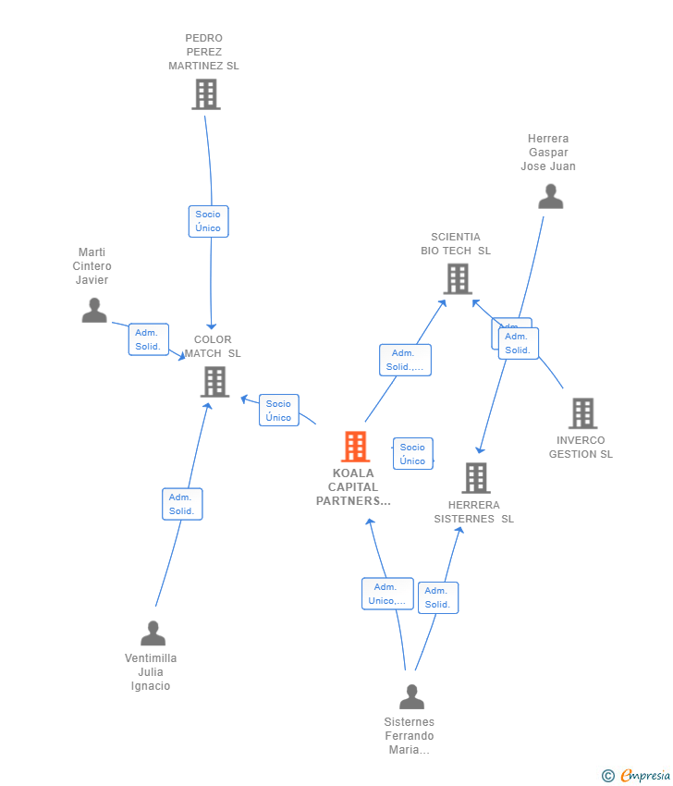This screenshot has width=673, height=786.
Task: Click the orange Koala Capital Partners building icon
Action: click(x=355, y=447)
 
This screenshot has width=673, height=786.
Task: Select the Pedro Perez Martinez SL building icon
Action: click(x=205, y=93)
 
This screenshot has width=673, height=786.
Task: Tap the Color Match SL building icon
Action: click(x=214, y=381)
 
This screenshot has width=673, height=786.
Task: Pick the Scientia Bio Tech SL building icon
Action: click(x=457, y=278)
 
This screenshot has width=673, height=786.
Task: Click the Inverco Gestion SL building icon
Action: click(x=581, y=413)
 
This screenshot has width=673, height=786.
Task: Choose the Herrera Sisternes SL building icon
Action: click(x=475, y=478)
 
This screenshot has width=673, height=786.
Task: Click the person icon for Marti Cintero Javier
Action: click(x=93, y=310)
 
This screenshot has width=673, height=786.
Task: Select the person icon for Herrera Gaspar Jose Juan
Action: click(x=550, y=196)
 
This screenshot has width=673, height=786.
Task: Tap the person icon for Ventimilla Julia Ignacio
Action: click(x=153, y=633)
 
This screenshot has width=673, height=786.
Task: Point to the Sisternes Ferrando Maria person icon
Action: click(x=411, y=696)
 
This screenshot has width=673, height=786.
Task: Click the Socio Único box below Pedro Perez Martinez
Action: click(x=208, y=221)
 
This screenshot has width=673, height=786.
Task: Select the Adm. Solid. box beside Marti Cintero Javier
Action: click(x=148, y=339)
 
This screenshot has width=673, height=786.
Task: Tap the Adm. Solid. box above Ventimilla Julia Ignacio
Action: click(x=181, y=504)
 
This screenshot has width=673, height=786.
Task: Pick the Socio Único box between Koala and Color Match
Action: click(x=278, y=411)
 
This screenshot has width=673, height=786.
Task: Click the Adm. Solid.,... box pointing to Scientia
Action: click(x=405, y=360)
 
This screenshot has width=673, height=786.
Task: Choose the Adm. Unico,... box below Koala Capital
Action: click(x=387, y=594)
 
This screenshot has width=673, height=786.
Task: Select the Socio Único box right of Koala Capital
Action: click(x=412, y=453)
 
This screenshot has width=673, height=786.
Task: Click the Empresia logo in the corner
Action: click(x=637, y=775)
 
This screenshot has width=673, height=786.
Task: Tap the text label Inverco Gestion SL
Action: click(x=581, y=448)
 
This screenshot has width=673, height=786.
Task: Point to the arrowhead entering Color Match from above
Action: click(x=212, y=326)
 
